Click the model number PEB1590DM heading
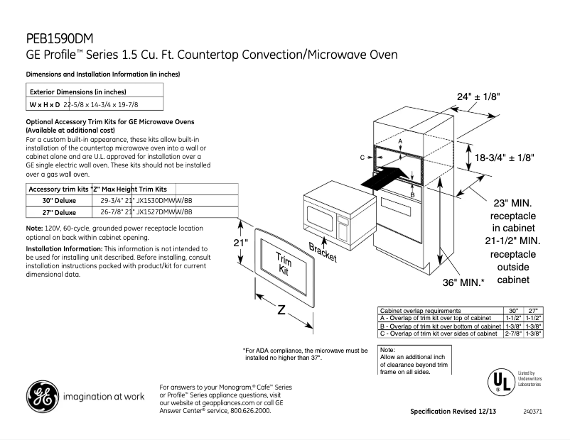[x=60, y=38]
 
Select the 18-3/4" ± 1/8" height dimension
[x=504, y=157]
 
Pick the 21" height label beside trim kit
[x=241, y=243]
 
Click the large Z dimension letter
[x=281, y=311]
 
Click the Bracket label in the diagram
[x=323, y=252]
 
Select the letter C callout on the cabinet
[x=362, y=157]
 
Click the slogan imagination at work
[x=104, y=397]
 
